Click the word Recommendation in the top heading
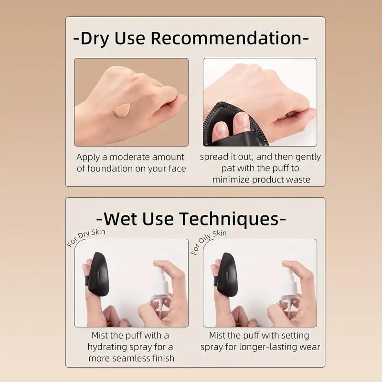coord(226,38)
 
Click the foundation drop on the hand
coord(122,110)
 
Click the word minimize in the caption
coord(231,180)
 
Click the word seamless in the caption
coord(130,358)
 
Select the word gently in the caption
coord(308,158)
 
